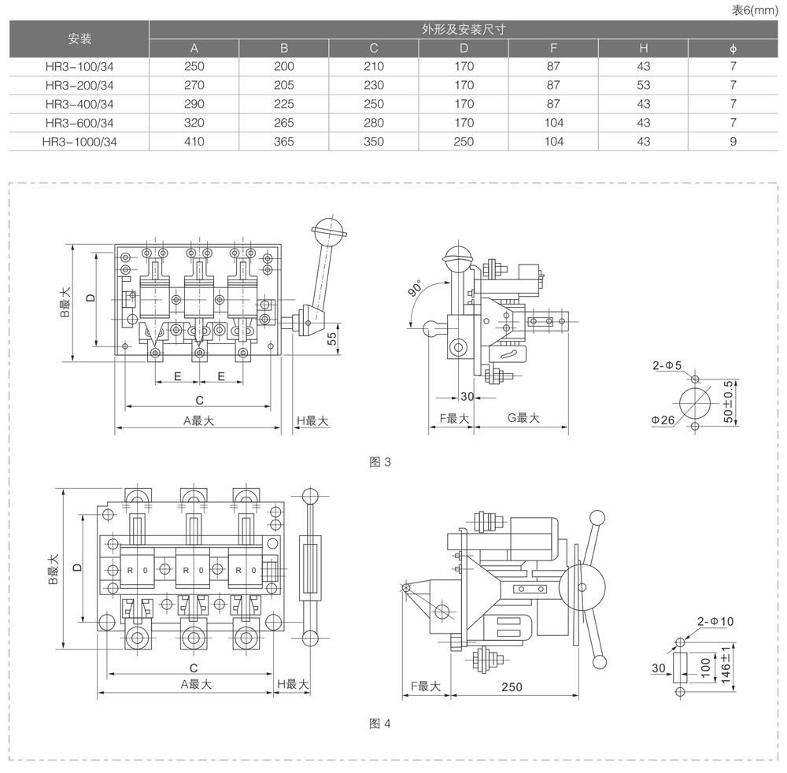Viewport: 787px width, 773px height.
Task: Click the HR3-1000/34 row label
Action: point(79,142)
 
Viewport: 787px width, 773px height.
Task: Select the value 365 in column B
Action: point(284,142)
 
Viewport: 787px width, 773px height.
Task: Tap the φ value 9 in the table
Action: point(733,142)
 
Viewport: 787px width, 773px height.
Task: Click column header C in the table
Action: point(374,48)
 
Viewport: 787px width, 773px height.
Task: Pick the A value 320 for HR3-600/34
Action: point(194,123)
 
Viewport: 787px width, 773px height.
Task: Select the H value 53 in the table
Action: point(644,85)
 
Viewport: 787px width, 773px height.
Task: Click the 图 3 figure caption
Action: point(380,462)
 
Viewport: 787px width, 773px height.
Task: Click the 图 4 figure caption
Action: point(380,723)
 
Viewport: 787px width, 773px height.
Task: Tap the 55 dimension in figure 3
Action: point(332,339)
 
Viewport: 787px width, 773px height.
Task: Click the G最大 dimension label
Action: point(523,418)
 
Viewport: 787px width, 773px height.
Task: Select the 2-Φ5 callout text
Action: point(667,365)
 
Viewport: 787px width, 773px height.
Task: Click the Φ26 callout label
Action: point(663,420)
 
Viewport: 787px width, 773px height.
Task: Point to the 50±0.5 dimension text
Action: point(729,402)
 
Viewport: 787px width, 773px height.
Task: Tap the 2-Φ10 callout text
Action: point(715,621)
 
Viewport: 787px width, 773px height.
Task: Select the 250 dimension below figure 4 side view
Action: point(512,687)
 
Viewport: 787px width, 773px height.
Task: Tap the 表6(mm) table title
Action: point(755,10)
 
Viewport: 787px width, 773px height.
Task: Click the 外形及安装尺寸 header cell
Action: point(464,30)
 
